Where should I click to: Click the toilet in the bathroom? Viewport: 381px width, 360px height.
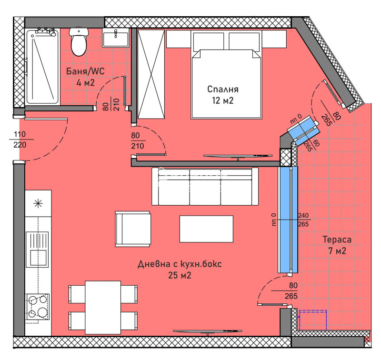(x=78, y=41)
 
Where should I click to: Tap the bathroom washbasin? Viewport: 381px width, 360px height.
(x=115, y=38)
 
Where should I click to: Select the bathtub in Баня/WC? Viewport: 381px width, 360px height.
(x=42, y=66)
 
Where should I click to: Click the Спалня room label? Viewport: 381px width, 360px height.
(x=222, y=89)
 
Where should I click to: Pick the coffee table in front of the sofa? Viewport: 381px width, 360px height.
(x=206, y=229)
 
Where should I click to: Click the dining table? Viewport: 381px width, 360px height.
(x=103, y=307)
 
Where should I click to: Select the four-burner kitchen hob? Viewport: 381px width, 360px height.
(x=38, y=305)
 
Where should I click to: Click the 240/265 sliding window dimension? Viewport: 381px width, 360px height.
(x=303, y=220)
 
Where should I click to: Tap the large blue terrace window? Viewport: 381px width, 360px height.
(x=288, y=220)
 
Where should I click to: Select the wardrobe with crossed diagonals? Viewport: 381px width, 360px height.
(x=151, y=74)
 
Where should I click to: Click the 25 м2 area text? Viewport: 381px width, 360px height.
(x=180, y=275)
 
